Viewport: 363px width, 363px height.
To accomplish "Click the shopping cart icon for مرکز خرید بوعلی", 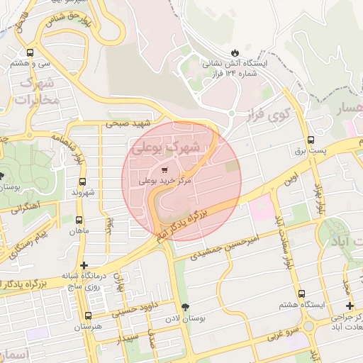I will pos(164,169).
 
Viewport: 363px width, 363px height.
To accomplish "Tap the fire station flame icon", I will pos(235,52).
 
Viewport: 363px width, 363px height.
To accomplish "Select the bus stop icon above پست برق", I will pos(311,140).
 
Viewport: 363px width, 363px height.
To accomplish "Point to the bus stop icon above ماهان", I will pos(79,219).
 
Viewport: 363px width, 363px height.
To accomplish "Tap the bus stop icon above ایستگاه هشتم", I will pos(302,293).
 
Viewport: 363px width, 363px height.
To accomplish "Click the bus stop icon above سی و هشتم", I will pos(30,52).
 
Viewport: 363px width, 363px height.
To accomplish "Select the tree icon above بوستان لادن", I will pos(186,308).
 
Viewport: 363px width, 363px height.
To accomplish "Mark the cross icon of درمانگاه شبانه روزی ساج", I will pos(85,265).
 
